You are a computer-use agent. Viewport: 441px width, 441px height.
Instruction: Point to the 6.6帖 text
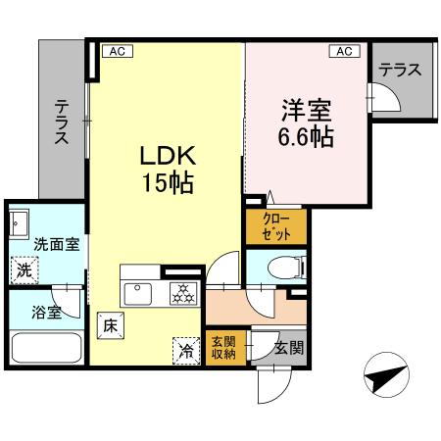pos(305,135)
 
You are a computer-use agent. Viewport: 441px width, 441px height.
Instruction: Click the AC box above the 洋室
pos(346,50)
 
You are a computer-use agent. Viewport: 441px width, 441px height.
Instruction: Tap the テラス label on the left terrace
pos(62,122)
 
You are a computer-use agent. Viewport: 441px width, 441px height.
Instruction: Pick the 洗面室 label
pos(51,243)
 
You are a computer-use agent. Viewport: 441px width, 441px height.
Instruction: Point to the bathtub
pos(45,348)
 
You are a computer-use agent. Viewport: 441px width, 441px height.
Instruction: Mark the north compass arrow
pos(386,375)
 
